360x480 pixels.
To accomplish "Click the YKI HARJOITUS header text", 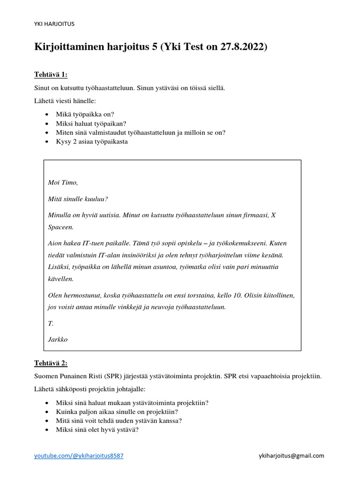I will (x=54, y=23).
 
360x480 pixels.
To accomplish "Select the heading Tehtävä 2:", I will (x=51, y=363).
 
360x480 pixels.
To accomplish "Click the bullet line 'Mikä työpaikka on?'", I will (x=85, y=114).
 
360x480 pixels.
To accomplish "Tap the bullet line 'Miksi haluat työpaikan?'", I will (x=88, y=123).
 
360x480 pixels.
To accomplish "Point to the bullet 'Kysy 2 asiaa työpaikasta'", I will (x=91, y=141).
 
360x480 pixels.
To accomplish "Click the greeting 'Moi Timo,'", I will (x=63, y=182).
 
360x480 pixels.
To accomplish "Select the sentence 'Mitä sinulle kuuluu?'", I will (x=78, y=199).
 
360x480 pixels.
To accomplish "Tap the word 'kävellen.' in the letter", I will (x=61, y=278).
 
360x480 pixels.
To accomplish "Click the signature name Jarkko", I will (x=58, y=339).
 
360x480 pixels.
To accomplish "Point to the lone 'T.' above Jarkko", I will (x=51, y=323).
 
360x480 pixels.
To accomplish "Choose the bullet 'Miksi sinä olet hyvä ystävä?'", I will (x=97, y=429).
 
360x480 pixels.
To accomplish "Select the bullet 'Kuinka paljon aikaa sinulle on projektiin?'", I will (x=117, y=412).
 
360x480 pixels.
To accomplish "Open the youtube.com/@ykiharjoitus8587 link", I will (x=79, y=456).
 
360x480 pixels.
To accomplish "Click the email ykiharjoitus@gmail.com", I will (x=291, y=456).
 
